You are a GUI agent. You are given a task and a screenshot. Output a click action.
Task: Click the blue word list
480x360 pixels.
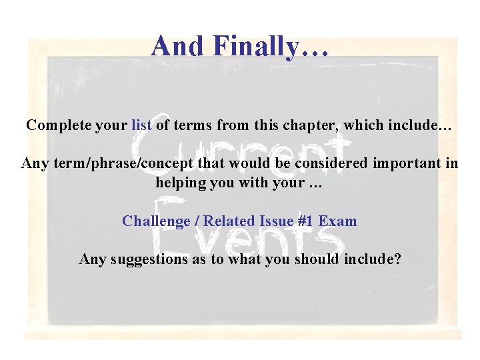point(142,125)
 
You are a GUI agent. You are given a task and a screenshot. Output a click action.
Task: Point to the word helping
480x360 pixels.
point(181,183)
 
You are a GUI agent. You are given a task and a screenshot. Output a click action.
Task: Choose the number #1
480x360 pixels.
point(307,221)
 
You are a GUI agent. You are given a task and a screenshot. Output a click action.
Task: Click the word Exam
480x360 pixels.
point(339,221)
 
